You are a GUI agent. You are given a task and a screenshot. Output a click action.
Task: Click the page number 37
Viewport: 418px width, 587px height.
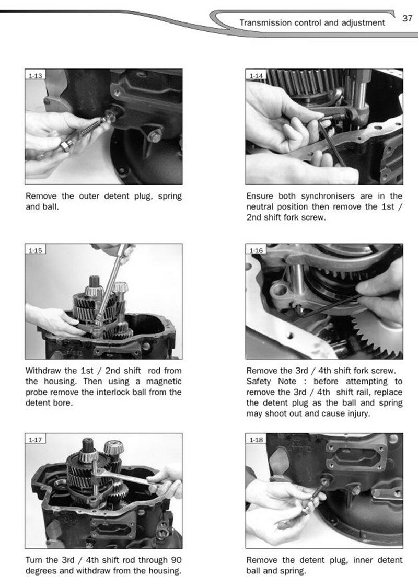tap(407, 18)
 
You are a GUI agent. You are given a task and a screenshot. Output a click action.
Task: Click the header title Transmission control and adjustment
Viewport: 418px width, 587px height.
tap(312, 23)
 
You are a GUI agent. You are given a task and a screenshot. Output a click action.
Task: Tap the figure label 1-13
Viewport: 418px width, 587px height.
tap(36, 76)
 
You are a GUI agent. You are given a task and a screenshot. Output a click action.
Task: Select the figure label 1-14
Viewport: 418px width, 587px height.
tap(257, 76)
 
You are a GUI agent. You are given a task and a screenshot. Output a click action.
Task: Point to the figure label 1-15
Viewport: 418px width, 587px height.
tap(36, 250)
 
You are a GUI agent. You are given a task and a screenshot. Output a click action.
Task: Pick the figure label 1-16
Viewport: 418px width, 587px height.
tap(257, 250)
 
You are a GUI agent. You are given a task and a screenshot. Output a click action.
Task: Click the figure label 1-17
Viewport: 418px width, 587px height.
tap(36, 440)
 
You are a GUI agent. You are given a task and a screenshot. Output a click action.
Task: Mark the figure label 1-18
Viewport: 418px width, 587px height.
tap(257, 440)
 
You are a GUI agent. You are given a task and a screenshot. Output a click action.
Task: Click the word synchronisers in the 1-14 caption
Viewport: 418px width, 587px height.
tap(328, 196)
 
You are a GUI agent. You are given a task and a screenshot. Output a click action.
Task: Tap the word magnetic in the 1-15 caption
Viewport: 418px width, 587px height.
tap(164, 382)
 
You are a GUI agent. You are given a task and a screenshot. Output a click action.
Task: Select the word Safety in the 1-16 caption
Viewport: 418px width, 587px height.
tap(258, 382)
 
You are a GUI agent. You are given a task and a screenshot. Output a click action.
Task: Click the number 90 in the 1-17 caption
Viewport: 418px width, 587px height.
tap(176, 560)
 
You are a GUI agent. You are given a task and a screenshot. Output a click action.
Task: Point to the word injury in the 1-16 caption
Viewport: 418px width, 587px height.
tap(357, 414)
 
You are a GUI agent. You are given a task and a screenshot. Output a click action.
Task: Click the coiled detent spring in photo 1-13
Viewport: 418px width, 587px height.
tap(92, 128)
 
